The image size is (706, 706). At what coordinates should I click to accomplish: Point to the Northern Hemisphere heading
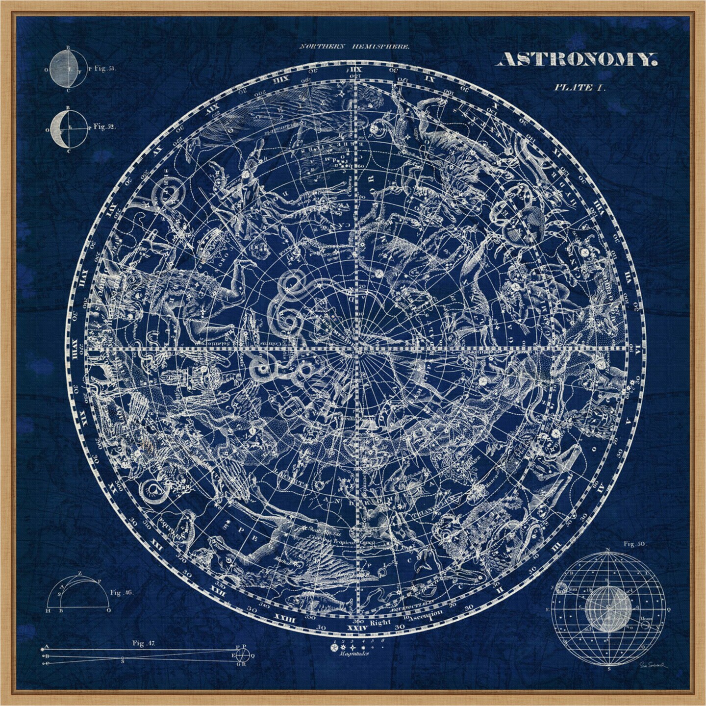coord(354,47)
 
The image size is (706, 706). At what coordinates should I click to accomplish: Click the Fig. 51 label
coord(104,69)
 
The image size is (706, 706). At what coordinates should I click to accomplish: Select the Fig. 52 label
coord(104,126)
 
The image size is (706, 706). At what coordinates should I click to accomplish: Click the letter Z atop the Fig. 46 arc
coord(80,573)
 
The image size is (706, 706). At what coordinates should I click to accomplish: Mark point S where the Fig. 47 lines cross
coord(122,658)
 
